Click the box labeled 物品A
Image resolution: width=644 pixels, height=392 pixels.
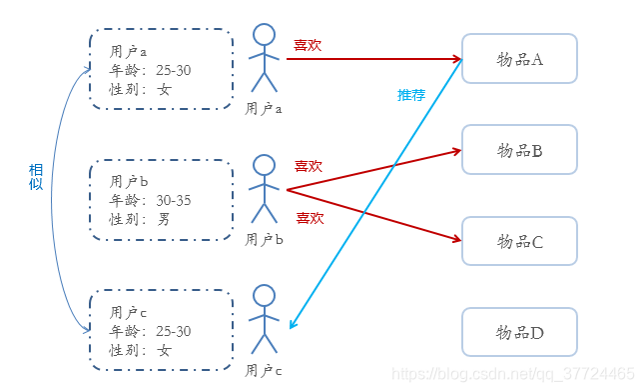coord(519,59)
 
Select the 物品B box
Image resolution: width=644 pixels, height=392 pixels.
coord(519,150)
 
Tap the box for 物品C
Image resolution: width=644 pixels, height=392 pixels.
coord(519,241)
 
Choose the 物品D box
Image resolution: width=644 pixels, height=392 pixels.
coord(519,332)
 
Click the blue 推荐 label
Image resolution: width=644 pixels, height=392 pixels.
coord(411,96)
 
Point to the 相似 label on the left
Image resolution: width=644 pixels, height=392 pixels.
coord(36,176)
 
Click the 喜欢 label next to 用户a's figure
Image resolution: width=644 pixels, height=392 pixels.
coord(308,45)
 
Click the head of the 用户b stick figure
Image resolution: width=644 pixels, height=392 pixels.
coord(264,165)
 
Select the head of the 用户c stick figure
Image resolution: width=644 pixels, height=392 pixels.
coord(264,296)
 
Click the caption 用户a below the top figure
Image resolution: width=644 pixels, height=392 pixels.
coord(265,108)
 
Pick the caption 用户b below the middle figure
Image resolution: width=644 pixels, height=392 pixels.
coord(265,239)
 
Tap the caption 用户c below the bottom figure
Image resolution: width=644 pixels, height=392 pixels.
coord(265,370)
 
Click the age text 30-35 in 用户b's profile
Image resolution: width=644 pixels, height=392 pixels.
coord(174,200)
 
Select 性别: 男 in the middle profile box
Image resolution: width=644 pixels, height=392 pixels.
coord(140,219)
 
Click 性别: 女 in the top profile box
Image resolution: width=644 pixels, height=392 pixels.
coord(140,89)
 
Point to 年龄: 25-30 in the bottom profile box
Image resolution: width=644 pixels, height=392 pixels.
coord(150,331)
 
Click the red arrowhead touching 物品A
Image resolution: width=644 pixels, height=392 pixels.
coord(456,59)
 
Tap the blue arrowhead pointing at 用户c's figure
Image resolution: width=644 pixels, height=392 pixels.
coord(292,325)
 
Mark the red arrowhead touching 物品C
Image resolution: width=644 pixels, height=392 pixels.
coord(456,240)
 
